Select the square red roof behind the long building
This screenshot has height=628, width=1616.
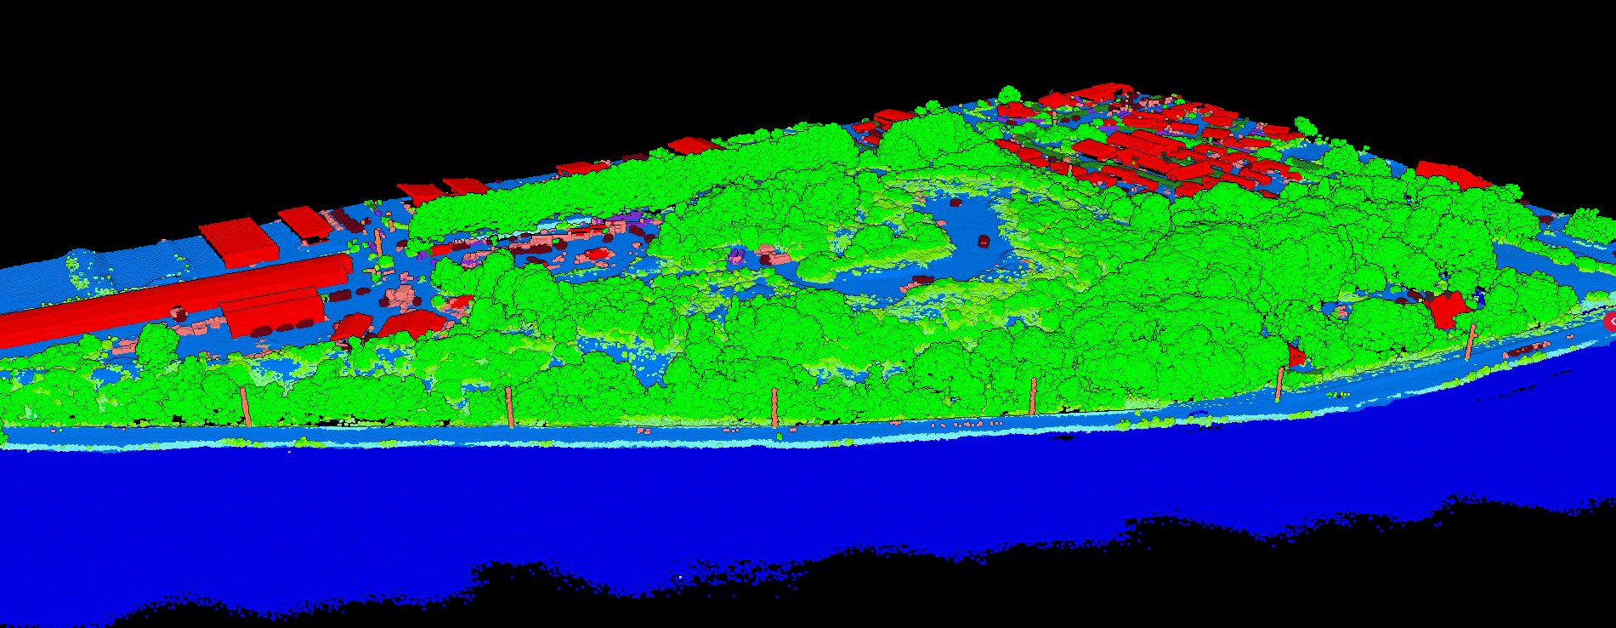coord(239,239)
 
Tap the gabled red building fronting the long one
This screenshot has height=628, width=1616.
coord(272,311)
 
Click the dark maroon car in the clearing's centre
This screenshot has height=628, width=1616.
coord(984,242)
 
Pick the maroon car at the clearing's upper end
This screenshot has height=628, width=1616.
coord(955,203)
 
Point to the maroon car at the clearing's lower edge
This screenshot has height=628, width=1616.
coord(923,279)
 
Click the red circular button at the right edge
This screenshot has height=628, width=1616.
coord(1609,322)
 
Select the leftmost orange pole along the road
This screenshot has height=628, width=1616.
coord(245,407)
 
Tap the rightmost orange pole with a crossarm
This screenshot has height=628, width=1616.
coord(1470,340)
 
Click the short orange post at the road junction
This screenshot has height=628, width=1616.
coord(377,238)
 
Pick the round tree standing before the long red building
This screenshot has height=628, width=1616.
coord(157,345)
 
